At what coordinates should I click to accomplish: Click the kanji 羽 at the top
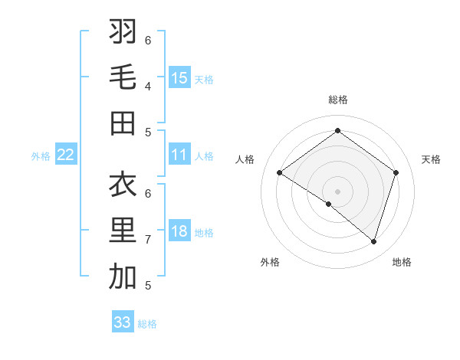(x=123, y=32)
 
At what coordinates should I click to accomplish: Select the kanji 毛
(x=123, y=77)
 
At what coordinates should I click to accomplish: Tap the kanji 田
(x=123, y=123)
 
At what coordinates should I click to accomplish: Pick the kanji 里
(x=123, y=231)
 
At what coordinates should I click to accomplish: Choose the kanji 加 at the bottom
(x=123, y=277)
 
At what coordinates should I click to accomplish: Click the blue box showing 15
(x=179, y=78)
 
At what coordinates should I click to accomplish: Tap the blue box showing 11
(x=179, y=155)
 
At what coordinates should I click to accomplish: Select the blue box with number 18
(x=179, y=232)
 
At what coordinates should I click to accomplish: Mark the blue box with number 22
(x=66, y=155)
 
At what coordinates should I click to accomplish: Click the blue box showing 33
(x=123, y=322)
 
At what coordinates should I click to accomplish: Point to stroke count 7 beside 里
(x=148, y=240)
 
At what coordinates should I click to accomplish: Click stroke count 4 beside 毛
(x=148, y=86)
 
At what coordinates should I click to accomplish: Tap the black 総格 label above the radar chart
(x=337, y=100)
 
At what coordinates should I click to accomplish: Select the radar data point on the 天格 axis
(x=396, y=173)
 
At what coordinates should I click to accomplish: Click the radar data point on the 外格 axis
(x=329, y=204)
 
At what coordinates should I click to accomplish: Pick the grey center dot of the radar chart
(x=337, y=191)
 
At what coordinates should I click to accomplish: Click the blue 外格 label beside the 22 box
(x=41, y=156)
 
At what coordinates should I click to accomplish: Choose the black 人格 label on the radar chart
(x=245, y=159)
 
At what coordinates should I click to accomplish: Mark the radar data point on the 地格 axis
(x=373, y=241)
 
